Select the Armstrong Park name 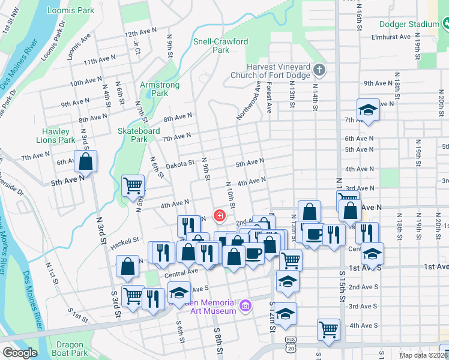(160, 89)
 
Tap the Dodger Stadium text (409, 24)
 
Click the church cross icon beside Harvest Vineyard (319, 70)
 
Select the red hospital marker (220, 215)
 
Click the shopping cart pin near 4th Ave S (328, 328)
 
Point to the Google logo (20, 353)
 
